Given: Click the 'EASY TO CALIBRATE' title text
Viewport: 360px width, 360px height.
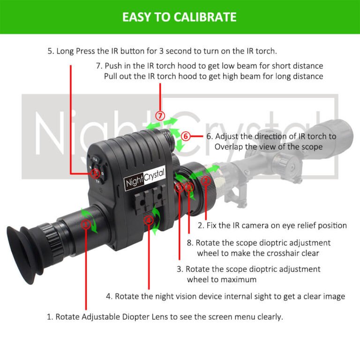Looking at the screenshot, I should (x=180, y=17).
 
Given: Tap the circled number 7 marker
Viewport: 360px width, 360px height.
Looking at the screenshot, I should (x=161, y=115).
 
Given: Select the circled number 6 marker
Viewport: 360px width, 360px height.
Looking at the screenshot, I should (x=186, y=136).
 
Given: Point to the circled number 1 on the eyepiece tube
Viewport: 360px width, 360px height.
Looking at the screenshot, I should (x=85, y=224).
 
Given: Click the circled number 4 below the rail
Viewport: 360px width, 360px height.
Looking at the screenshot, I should (x=149, y=219).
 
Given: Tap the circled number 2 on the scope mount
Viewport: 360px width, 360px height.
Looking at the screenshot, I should (x=205, y=180).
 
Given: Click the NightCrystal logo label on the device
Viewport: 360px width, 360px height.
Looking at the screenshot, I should (x=144, y=180).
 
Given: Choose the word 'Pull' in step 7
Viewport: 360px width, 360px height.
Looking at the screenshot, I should (x=112, y=76).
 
